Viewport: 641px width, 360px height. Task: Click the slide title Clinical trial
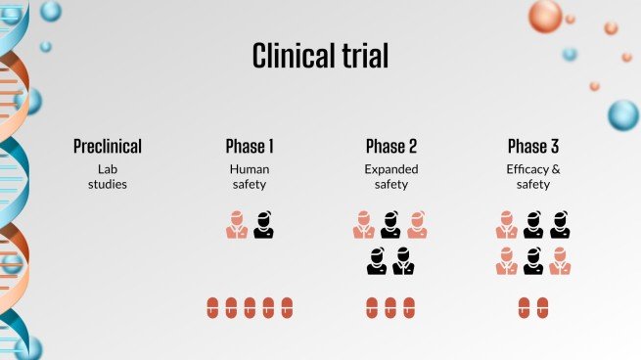tap(320, 55)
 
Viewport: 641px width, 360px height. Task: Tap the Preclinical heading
tap(108, 147)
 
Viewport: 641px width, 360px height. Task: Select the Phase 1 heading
tap(250, 147)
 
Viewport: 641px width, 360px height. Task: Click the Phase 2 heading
tap(391, 147)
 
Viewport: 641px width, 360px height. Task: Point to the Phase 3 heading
tap(533, 147)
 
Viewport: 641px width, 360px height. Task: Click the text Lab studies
tap(108, 175)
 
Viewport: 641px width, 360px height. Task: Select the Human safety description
tap(250, 175)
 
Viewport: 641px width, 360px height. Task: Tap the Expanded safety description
tap(391, 175)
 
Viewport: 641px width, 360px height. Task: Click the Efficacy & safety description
tap(533, 175)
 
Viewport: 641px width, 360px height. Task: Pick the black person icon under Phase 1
tap(263, 225)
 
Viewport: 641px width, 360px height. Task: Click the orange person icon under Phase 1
tap(236, 225)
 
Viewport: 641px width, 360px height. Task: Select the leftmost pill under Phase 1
tap(212, 307)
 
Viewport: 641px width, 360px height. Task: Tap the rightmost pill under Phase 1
tap(287, 307)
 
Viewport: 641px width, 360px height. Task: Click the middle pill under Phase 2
tap(390, 307)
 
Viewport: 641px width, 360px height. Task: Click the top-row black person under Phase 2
tap(390, 225)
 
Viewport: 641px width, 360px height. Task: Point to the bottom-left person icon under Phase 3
tap(506, 261)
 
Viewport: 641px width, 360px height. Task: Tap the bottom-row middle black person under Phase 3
tap(533, 261)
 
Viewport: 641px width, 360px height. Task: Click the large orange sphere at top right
tap(545, 17)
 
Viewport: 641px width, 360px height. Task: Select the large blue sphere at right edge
tap(622, 114)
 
